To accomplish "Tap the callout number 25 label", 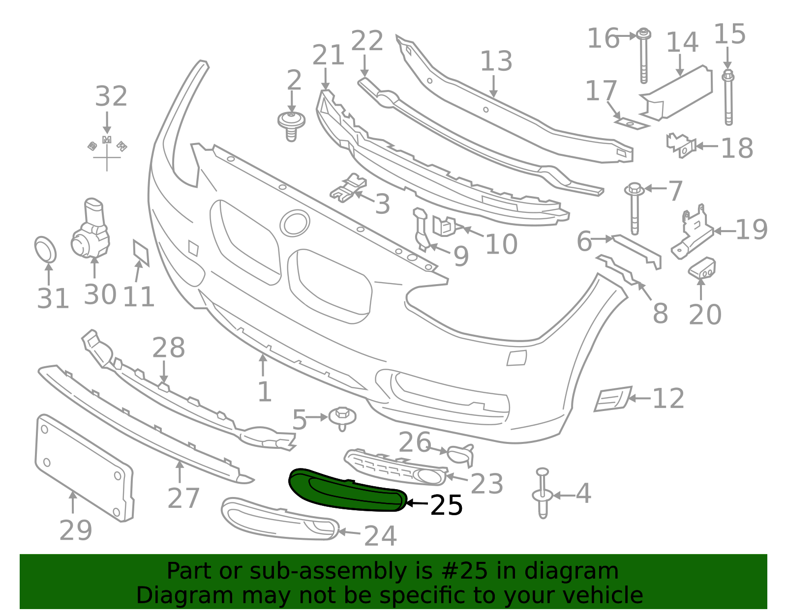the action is pyautogui.click(x=446, y=505).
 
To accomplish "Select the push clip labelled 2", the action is pyautogui.click(x=291, y=126).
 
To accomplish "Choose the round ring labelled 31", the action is pyautogui.click(x=45, y=249).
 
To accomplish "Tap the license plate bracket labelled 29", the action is pyautogui.click(x=85, y=468).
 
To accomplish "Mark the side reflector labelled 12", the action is pyautogui.click(x=613, y=399).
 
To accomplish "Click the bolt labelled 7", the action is pyautogui.click(x=634, y=208).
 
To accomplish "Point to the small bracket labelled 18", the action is pyautogui.click(x=681, y=145).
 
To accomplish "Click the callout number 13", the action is pyautogui.click(x=496, y=61).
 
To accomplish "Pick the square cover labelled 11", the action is pyautogui.click(x=141, y=253).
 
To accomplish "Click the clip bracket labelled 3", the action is pyautogui.click(x=348, y=188).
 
